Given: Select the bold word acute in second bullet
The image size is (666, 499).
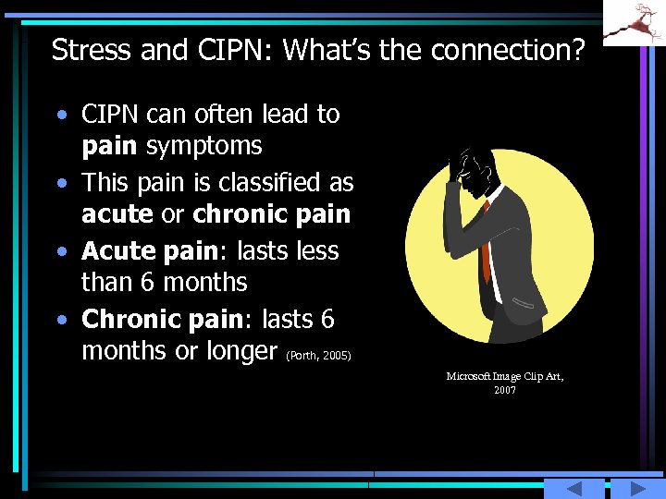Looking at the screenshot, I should pos(117,214).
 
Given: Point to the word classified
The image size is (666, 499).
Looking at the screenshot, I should pos(268,182).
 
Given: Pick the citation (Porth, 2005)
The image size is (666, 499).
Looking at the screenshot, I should pos(320,355).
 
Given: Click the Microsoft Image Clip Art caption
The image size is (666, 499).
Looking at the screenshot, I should pos(505,376).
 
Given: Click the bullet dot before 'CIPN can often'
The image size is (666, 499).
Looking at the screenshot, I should pos(62,116).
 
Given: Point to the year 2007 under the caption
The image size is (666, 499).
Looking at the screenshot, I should pos(505,390).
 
